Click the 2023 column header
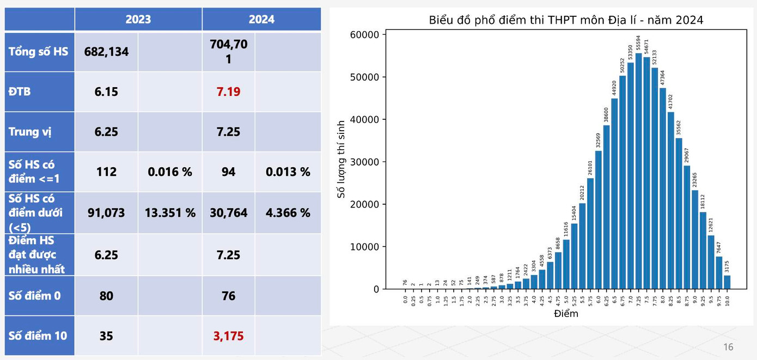click(138, 20)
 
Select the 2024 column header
click(261, 20)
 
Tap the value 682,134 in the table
click(106, 52)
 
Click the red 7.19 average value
click(228, 91)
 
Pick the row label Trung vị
click(30, 132)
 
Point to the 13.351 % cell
click(170, 212)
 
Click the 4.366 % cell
click(288, 212)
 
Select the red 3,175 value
click(228, 336)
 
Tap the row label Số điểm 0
click(35, 296)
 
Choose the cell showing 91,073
click(106, 212)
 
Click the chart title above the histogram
click(566, 21)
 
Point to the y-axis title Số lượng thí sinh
click(341, 159)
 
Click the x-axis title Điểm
click(566, 314)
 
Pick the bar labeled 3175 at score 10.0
click(727, 282)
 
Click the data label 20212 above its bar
click(582, 191)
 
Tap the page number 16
click(728, 347)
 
